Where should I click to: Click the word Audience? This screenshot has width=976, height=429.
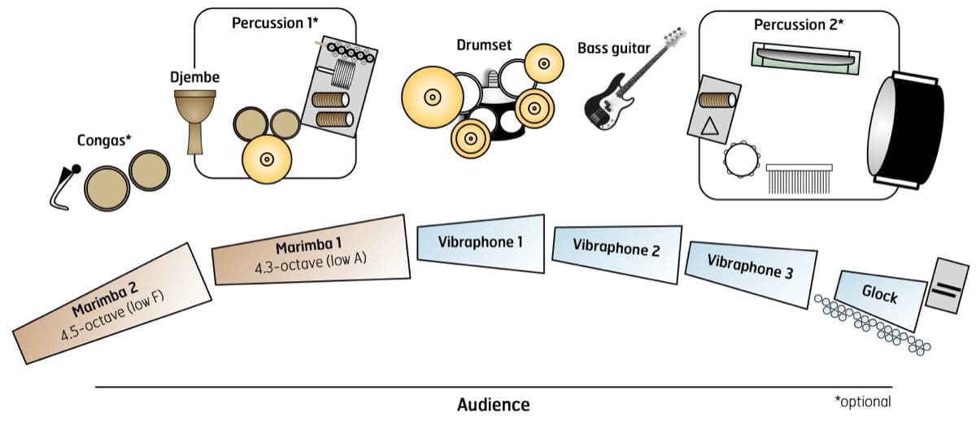pyautogui.click(x=493, y=405)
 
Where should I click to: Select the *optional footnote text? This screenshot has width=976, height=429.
pyautogui.click(x=863, y=402)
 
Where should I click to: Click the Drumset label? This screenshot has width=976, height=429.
pyautogui.click(x=484, y=45)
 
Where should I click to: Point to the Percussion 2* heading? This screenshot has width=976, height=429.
pyautogui.click(x=797, y=24)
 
